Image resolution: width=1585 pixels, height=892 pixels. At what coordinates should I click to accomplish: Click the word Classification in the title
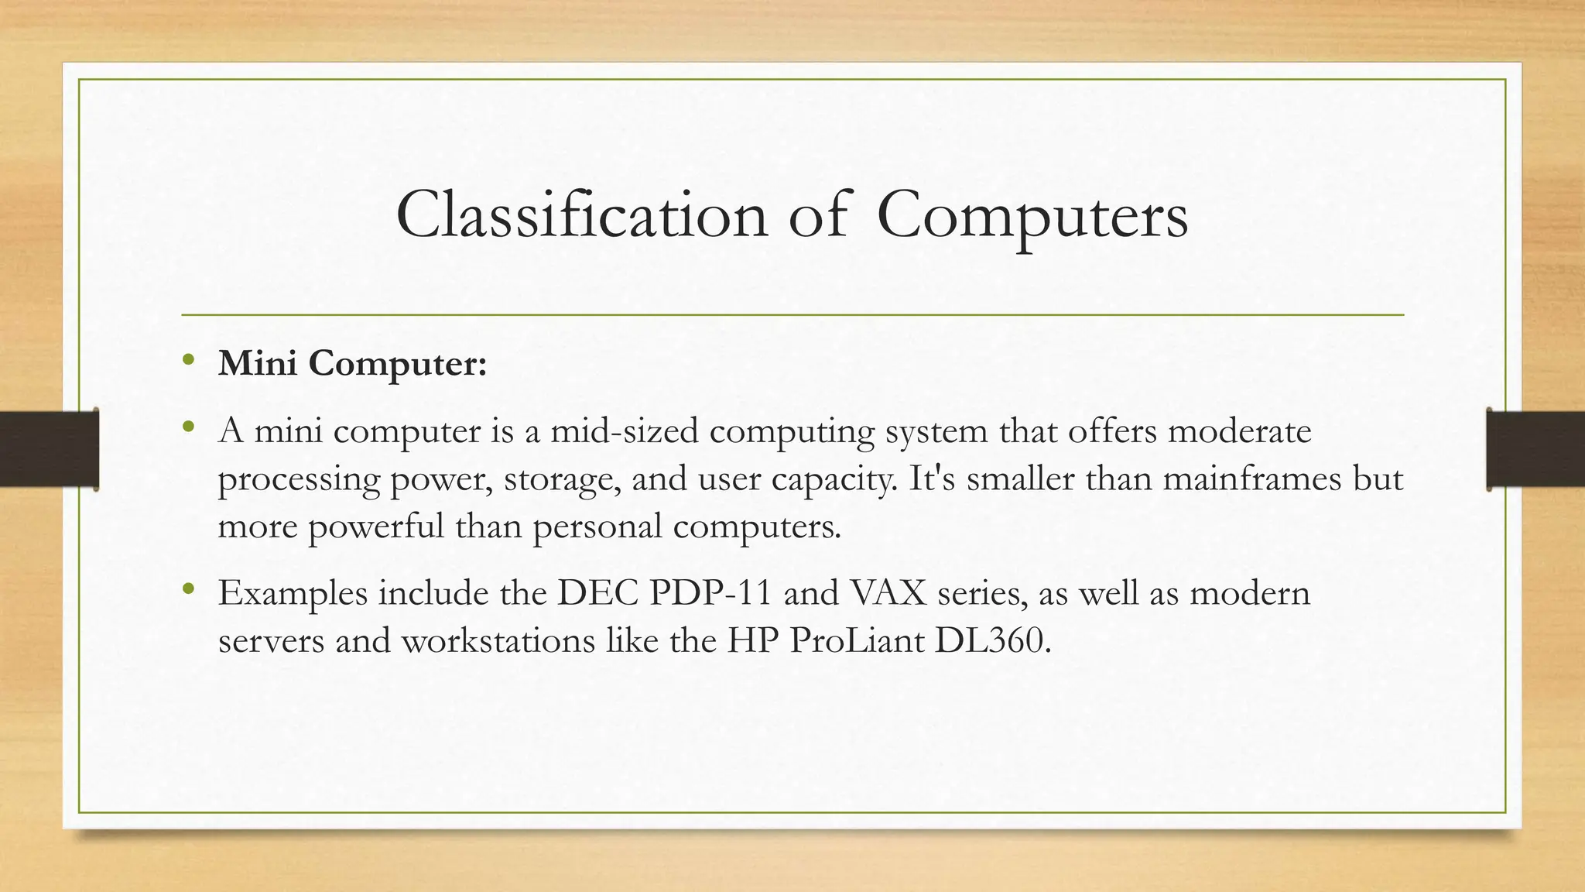(581, 215)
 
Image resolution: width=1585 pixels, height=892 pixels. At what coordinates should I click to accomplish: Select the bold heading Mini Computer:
(352, 363)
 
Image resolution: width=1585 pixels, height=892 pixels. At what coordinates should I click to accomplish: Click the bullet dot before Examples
(187, 589)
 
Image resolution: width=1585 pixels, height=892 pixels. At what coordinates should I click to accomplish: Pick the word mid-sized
(624, 431)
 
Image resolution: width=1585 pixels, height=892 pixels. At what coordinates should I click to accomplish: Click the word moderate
(1239, 431)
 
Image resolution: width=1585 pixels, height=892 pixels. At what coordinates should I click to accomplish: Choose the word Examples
(293, 595)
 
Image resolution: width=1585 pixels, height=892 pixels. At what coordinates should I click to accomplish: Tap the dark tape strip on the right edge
(1535, 450)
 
